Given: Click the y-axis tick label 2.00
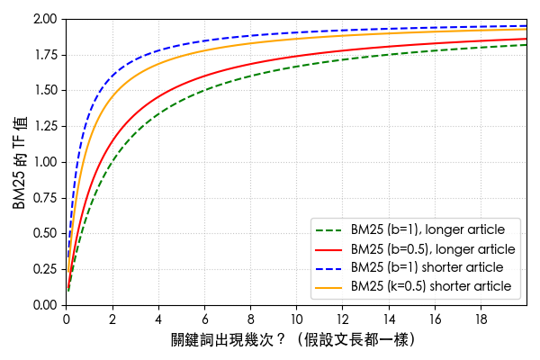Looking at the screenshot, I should (46, 19).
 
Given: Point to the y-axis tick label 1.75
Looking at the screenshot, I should (46, 55).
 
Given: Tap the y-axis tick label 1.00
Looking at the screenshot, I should (46, 162).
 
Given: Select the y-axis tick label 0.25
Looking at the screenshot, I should (46, 269).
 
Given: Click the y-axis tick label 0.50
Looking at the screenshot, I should (46, 233).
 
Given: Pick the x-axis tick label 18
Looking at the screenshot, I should (481, 318).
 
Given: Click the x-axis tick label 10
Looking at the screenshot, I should (297, 318).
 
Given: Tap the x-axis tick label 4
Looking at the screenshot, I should (158, 318).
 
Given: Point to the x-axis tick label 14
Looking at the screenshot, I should (389, 318).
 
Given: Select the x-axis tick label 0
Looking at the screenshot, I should (66, 318).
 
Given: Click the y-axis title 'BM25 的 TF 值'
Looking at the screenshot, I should (20, 162).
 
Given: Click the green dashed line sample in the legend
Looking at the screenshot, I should (328, 229).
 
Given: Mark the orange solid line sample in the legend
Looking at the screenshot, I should (328, 286).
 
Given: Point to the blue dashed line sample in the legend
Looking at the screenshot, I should (328, 267).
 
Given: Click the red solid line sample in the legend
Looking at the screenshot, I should (328, 248).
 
